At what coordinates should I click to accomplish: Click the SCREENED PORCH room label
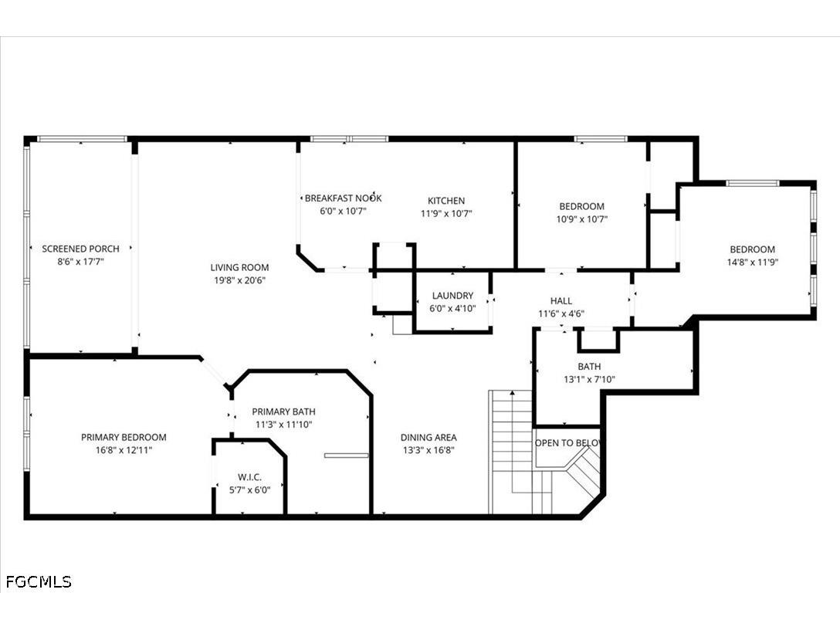coord(80,249)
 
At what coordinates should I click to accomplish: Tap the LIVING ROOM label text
coord(239,267)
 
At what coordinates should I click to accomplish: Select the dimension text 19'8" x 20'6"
coord(239,280)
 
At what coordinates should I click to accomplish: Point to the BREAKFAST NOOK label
coord(344,198)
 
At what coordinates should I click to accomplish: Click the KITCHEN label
coord(446,201)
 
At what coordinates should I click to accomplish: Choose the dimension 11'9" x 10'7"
coord(446,214)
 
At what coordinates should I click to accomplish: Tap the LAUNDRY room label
coord(452,296)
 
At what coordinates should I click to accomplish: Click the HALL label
coord(561,301)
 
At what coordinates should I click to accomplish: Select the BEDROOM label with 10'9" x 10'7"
coord(582,206)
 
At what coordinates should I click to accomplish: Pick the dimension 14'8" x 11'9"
coord(753,262)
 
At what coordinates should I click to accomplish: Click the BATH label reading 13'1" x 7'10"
coord(589,367)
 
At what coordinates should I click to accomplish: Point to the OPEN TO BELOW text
coord(569,443)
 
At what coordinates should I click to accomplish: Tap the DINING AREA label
coord(428,437)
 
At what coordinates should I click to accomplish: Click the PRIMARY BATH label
coord(284,412)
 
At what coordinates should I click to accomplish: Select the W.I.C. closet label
coord(249,477)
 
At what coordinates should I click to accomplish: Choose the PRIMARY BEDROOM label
coord(124,437)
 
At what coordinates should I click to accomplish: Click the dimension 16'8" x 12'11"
coord(124,450)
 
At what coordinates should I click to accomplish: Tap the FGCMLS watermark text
coord(39,582)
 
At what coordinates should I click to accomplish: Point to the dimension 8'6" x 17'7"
coord(80,262)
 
